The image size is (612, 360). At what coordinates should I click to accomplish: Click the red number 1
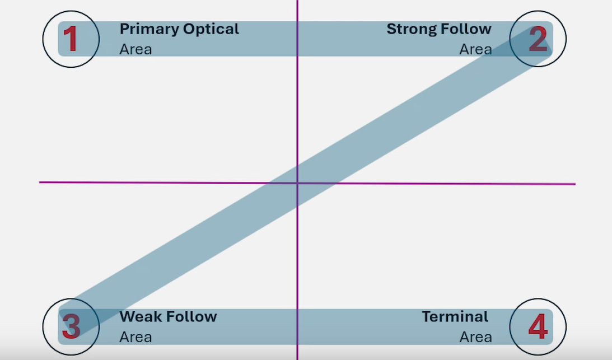[70, 39]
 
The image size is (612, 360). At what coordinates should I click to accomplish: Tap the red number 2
[538, 39]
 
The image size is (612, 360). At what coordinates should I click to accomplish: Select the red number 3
[71, 327]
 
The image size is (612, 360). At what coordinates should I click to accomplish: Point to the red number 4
[538, 327]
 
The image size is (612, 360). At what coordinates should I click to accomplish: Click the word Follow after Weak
[190, 317]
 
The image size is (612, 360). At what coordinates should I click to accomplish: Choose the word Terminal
[455, 317]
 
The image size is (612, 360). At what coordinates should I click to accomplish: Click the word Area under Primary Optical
[136, 49]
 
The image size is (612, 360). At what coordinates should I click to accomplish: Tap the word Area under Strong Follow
[475, 49]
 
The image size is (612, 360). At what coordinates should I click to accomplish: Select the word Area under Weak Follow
[136, 337]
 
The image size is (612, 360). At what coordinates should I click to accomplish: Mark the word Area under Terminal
[475, 337]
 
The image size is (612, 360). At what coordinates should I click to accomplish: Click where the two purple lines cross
[297, 183]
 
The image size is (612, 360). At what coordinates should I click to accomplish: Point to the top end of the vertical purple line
[297, 2]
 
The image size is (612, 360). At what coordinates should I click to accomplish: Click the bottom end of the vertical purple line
[297, 358]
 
